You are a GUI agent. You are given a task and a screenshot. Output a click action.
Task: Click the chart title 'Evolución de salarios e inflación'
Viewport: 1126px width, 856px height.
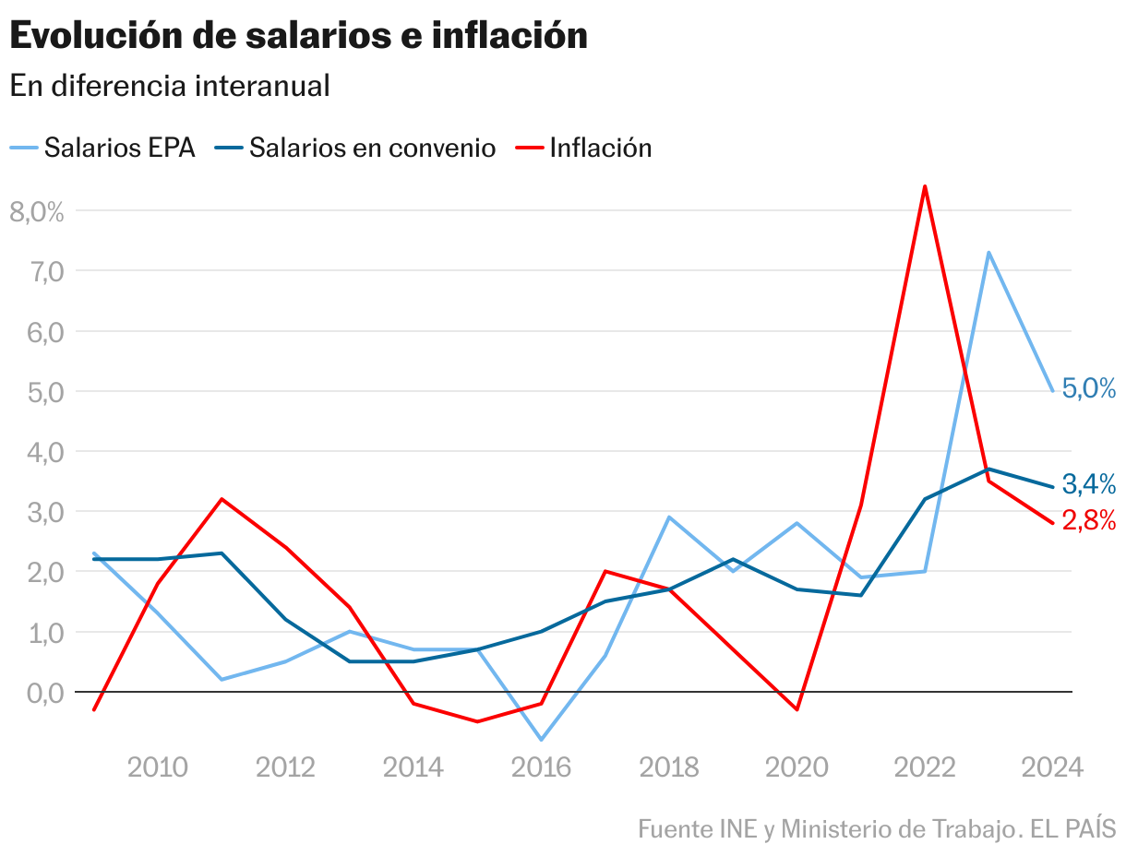point(298,36)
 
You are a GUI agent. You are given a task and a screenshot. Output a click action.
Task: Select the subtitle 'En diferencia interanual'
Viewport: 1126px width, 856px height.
point(170,86)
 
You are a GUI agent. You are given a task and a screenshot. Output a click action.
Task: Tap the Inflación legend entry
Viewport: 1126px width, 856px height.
point(600,148)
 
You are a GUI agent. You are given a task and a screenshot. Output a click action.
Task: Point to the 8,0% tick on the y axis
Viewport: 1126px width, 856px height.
point(37,211)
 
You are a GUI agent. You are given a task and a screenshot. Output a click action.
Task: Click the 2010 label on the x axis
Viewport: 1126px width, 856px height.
point(158,767)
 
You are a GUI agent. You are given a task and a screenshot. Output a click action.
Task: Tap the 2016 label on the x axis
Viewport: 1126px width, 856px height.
point(541,767)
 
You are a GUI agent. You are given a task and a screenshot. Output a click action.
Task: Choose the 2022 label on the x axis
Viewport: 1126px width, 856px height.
point(925,767)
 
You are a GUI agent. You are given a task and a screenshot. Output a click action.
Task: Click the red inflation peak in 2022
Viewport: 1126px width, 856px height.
point(925,186)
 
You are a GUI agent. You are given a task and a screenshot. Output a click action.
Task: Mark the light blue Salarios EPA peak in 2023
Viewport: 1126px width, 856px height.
point(988,252)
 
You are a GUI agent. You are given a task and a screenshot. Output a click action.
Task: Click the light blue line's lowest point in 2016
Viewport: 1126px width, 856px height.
point(541,740)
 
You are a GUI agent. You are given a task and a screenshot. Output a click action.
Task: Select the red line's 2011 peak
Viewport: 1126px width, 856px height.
point(222,499)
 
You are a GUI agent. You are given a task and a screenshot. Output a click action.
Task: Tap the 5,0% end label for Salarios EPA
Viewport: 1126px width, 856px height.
point(1089,388)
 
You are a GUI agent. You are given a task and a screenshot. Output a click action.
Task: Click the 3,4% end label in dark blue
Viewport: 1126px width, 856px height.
point(1089,483)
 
